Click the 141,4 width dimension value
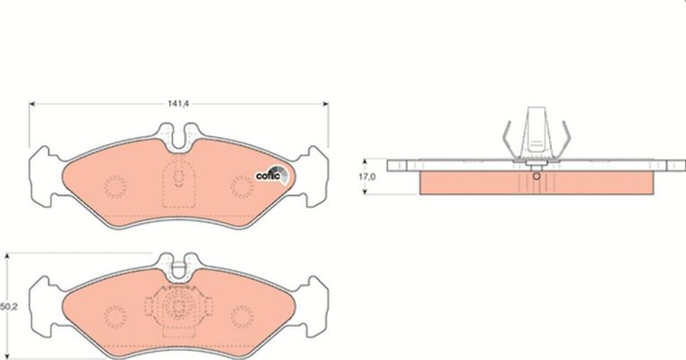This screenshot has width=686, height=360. (x=177, y=104)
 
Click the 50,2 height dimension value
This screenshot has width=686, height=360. (x=9, y=307)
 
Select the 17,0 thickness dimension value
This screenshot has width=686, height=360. (x=366, y=176)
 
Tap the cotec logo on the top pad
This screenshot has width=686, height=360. (x=272, y=175)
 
